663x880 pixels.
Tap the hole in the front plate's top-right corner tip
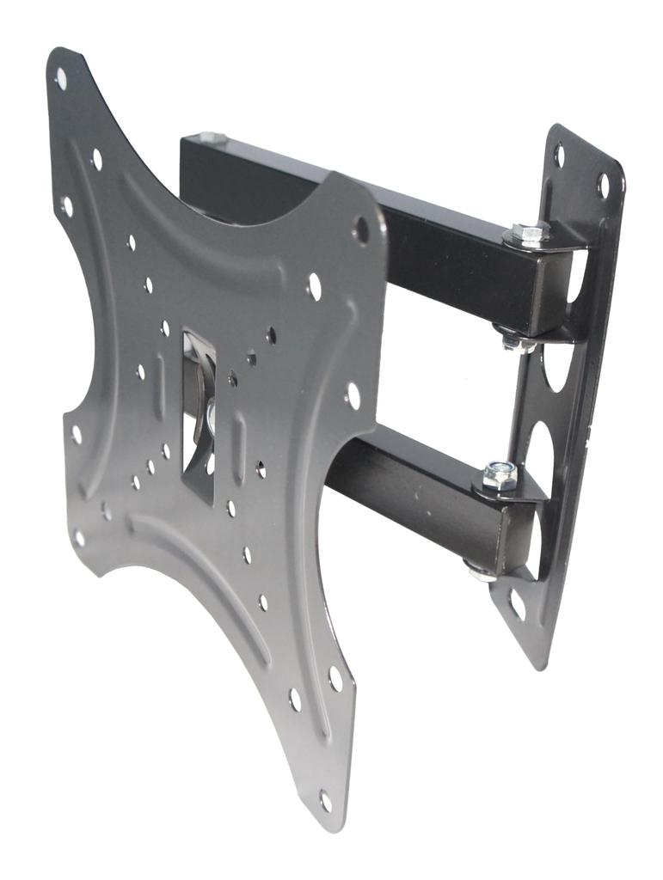[x=362, y=229]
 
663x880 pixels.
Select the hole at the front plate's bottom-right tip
[x=326, y=800]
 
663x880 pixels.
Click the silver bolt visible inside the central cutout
[x=209, y=419]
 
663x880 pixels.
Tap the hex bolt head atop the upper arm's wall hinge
[x=530, y=233]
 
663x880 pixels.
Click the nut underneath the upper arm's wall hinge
[x=513, y=340]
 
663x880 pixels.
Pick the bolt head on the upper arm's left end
[x=212, y=137]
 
